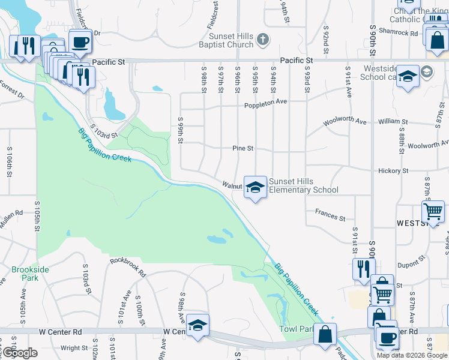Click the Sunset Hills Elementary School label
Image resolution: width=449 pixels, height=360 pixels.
pos(303,186)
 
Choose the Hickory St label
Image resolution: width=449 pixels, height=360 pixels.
pos(393,171)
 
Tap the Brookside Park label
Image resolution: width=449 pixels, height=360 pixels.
pos(29,274)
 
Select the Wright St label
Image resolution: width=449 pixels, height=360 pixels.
pos(74,348)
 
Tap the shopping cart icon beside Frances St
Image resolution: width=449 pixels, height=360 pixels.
pos(433,212)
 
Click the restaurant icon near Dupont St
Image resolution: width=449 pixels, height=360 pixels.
pos(363,269)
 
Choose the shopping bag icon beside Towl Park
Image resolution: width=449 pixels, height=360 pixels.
pos(325,334)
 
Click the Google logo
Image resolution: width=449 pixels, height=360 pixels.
pos(20,353)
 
